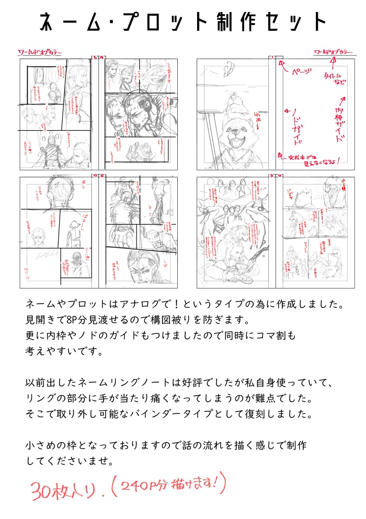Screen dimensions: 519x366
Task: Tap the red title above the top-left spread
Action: click(40, 53)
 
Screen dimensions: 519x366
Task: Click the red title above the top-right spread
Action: click(333, 52)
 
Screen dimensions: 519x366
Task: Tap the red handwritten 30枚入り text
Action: click(65, 490)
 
